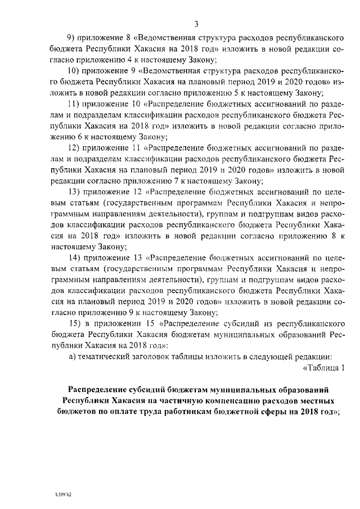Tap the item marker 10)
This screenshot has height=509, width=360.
[74, 71]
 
